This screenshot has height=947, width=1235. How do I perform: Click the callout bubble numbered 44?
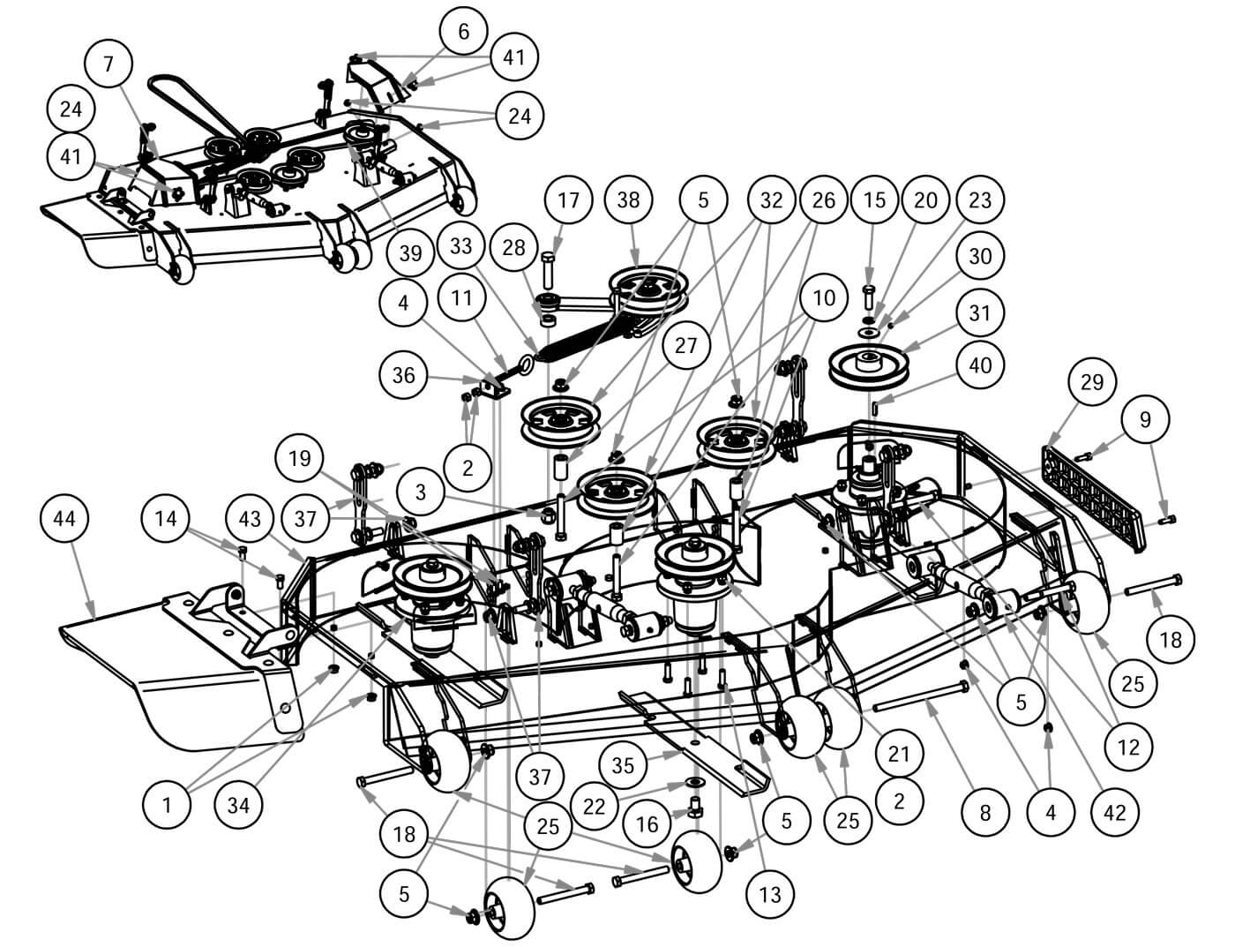coord(64,518)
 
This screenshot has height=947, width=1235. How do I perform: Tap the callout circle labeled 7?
coord(109,63)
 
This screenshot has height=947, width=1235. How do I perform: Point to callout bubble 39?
coord(410,253)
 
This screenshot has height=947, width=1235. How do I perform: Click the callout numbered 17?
coord(568,200)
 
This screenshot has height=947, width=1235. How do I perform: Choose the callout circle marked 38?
coord(628,200)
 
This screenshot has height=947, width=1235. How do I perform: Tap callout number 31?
coord(980,313)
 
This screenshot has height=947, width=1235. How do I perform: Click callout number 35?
coord(623,766)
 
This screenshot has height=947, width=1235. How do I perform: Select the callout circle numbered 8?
coord(985,811)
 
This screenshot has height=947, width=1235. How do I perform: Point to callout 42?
coord(1115,811)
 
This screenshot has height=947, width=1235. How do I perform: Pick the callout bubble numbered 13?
coord(769,894)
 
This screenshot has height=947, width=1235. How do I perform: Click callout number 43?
coord(250,518)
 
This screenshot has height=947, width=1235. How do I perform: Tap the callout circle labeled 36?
coord(403,375)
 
